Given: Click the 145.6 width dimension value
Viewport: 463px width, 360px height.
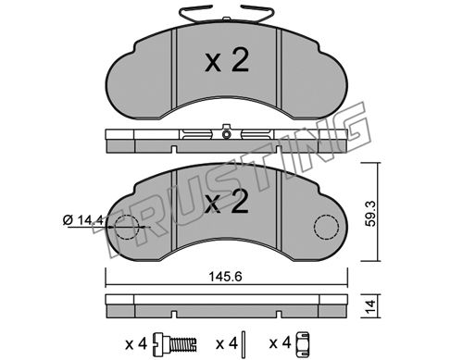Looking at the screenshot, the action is pyautogui.click(x=226, y=277).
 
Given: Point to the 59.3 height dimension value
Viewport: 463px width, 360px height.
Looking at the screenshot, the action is pyautogui.click(x=370, y=214).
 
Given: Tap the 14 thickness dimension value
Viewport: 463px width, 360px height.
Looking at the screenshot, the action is pyautogui.click(x=370, y=306).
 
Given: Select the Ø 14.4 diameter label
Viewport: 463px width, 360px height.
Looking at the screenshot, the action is pyautogui.click(x=82, y=220).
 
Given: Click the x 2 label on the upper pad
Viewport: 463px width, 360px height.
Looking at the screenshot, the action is pyautogui.click(x=227, y=61).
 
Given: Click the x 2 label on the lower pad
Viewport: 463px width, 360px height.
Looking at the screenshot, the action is pyautogui.click(x=227, y=202).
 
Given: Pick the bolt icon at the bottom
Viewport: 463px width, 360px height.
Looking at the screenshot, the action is pyautogui.click(x=175, y=343).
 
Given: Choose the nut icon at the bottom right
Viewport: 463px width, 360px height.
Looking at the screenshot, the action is pyautogui.click(x=303, y=343).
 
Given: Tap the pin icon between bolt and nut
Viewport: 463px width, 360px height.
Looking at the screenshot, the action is pyautogui.click(x=244, y=343).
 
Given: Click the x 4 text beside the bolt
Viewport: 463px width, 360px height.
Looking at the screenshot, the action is pyautogui.click(x=136, y=343).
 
